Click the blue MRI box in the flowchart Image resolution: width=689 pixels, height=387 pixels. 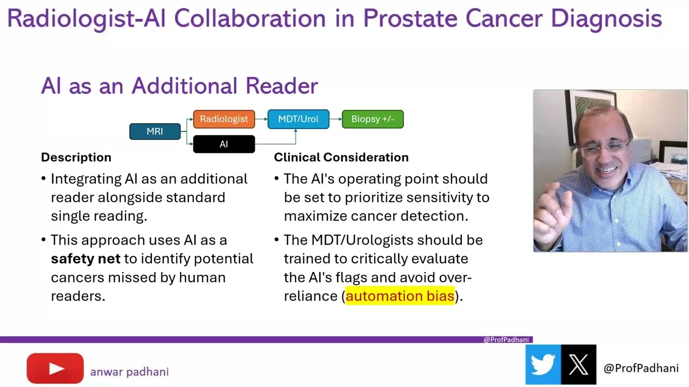click(155, 132)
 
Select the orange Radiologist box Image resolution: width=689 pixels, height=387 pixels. click(224, 119)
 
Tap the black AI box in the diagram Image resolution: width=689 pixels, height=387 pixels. click(224, 144)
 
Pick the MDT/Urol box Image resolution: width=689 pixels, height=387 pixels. click(298, 119)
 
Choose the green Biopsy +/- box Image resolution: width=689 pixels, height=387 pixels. click(372, 119)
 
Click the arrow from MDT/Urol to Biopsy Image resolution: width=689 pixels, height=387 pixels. click(335, 119)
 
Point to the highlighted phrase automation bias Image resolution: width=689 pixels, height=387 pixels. click(400, 296)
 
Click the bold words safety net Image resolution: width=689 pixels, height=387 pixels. click(86, 259)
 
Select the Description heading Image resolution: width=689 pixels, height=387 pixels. click(76, 157)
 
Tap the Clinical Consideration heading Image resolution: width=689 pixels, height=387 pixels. click(341, 157)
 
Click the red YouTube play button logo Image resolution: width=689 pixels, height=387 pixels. click(55, 369)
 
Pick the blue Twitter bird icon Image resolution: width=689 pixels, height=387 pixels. click(543, 365)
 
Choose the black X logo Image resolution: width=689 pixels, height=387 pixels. click(579, 365)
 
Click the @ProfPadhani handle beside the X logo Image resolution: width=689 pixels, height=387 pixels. click(641, 368)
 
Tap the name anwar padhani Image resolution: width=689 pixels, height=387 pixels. click(129, 372)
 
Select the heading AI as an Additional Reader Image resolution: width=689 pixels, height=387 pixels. click(179, 86)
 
